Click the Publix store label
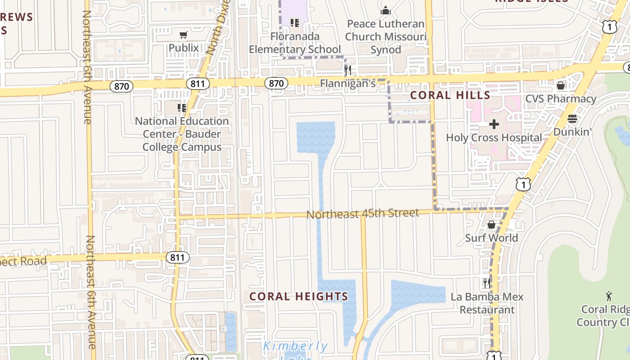184,48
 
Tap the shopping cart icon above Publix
183,35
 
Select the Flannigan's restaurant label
347,84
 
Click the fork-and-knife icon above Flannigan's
347,70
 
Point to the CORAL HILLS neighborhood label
450,95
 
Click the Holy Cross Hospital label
494,138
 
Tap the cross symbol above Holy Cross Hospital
494,124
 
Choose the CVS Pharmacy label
561,99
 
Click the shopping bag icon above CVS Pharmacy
561,85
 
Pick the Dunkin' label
572,132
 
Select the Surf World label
491,238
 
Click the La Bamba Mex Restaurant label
487,303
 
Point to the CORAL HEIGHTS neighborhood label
299,297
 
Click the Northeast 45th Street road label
363,214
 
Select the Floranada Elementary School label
295,43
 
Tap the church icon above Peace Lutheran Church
386,10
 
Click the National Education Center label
182,134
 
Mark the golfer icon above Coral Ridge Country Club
609,296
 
